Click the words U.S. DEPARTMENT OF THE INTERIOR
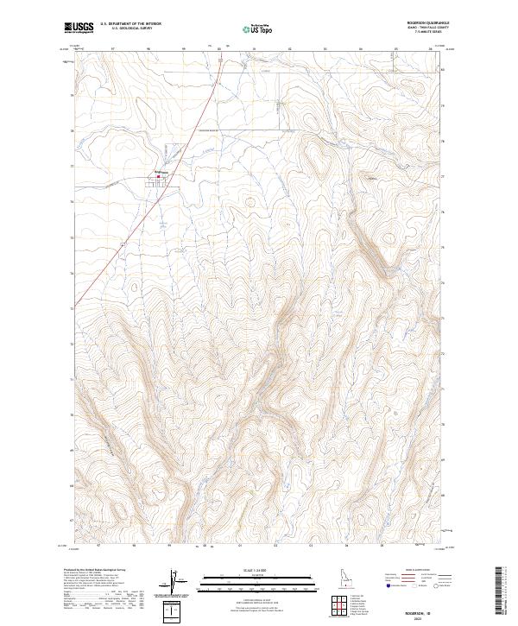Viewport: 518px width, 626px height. (130, 24)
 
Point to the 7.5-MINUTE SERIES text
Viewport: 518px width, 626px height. (423, 37)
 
